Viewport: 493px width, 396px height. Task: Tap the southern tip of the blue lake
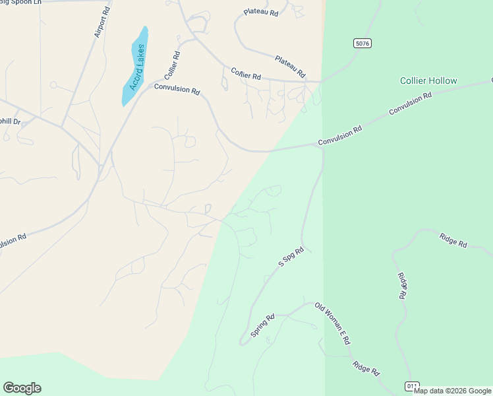(124, 103)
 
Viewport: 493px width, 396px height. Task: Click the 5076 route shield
(362, 44)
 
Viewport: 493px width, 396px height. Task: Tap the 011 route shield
(412, 385)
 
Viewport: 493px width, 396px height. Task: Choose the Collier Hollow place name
(428, 81)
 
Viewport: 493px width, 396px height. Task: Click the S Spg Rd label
(291, 257)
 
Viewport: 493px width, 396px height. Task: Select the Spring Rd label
(262, 325)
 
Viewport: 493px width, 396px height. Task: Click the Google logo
(22, 387)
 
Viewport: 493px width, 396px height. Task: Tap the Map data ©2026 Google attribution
(453, 391)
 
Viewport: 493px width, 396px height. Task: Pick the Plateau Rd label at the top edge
(261, 12)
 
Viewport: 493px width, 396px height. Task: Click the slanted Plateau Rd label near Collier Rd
(291, 65)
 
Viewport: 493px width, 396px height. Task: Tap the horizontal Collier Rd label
(246, 75)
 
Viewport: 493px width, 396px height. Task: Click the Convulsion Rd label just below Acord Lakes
(177, 89)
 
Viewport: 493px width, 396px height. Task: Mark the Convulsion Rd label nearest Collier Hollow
(410, 104)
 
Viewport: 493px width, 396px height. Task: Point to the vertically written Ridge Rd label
(402, 285)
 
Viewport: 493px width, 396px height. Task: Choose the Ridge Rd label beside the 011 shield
(366, 368)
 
